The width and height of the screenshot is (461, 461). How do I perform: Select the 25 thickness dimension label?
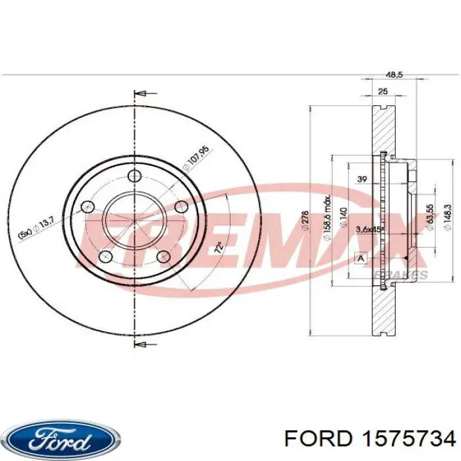tap(383, 92)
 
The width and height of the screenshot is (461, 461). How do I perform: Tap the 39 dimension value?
tap(361, 179)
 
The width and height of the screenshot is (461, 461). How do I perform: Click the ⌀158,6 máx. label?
tap(327, 213)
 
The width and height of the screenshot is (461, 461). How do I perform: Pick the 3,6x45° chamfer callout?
tap(369, 229)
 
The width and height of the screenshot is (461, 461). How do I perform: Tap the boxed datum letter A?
tap(360, 258)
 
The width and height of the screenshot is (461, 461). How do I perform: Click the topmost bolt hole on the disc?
tap(134, 176)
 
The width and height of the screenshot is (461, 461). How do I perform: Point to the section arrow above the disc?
tap(140, 94)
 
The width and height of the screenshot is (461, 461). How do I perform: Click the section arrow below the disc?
tap(140, 343)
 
